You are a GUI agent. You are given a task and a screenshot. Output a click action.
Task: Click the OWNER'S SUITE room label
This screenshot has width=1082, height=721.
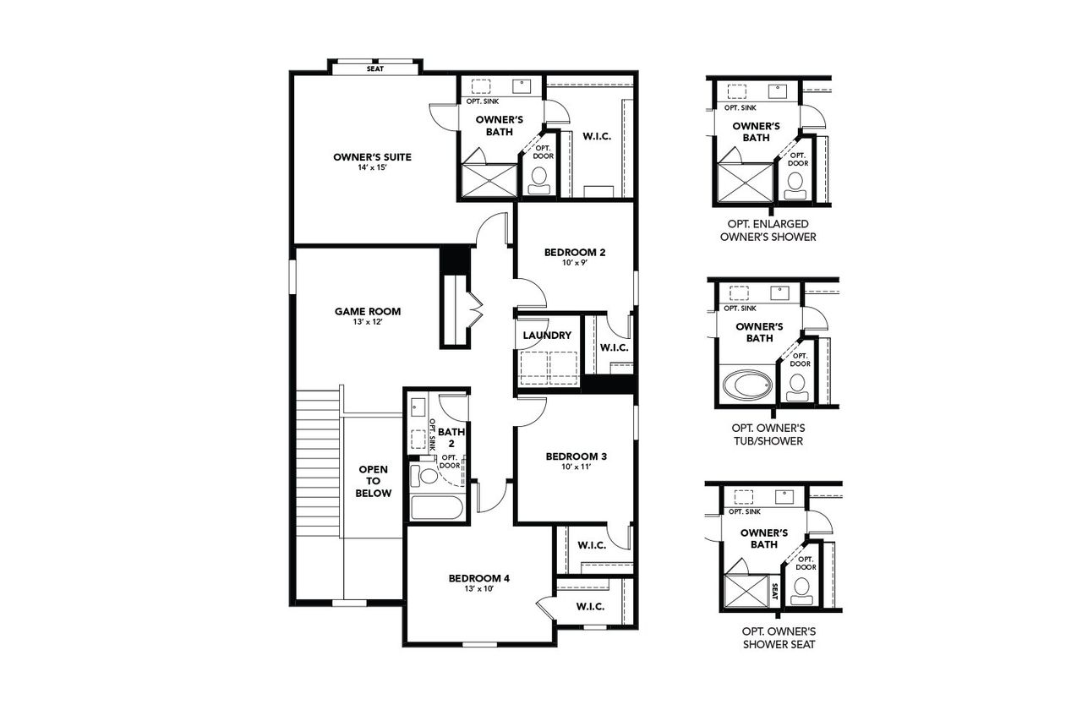click(372, 157)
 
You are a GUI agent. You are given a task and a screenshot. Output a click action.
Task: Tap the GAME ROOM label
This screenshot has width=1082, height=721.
click(367, 311)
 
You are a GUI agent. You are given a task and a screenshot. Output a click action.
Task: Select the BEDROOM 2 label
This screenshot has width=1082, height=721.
click(574, 252)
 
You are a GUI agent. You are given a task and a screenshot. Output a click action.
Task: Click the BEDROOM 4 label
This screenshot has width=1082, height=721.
click(478, 578)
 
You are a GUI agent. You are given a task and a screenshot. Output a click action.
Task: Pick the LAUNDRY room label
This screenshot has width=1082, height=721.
click(547, 336)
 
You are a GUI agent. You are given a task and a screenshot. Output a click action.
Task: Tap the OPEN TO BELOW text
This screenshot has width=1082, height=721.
click(374, 481)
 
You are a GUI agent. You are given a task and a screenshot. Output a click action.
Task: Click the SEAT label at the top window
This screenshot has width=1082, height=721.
click(374, 68)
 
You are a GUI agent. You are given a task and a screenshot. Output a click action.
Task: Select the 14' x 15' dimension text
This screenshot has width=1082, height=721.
click(372, 169)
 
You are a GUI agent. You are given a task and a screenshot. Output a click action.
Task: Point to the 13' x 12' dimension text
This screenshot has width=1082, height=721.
click(367, 323)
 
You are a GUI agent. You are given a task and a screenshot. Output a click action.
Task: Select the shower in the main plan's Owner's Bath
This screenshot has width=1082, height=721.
click(489, 181)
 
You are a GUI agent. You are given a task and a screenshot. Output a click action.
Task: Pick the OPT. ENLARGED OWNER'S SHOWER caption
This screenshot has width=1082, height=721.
click(768, 230)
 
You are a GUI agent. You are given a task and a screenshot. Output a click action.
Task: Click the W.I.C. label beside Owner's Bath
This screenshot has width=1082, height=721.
click(596, 136)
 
